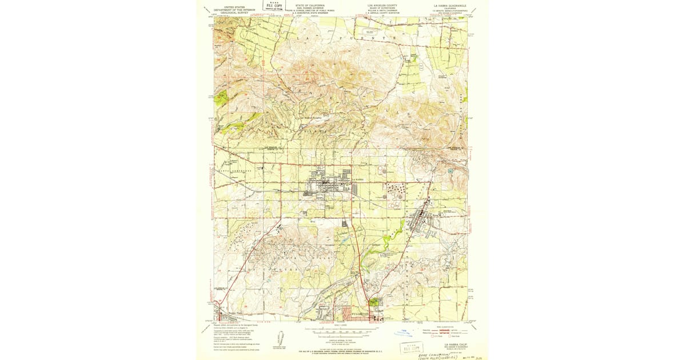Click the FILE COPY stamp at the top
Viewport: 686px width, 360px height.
[274, 6]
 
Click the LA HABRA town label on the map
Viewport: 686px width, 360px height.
[358, 179]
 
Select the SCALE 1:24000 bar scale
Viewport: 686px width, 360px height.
[341, 330]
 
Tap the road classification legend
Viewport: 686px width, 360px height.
[450, 331]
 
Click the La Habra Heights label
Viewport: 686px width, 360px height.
[308, 118]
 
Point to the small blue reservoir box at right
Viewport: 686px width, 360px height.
[450, 170]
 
